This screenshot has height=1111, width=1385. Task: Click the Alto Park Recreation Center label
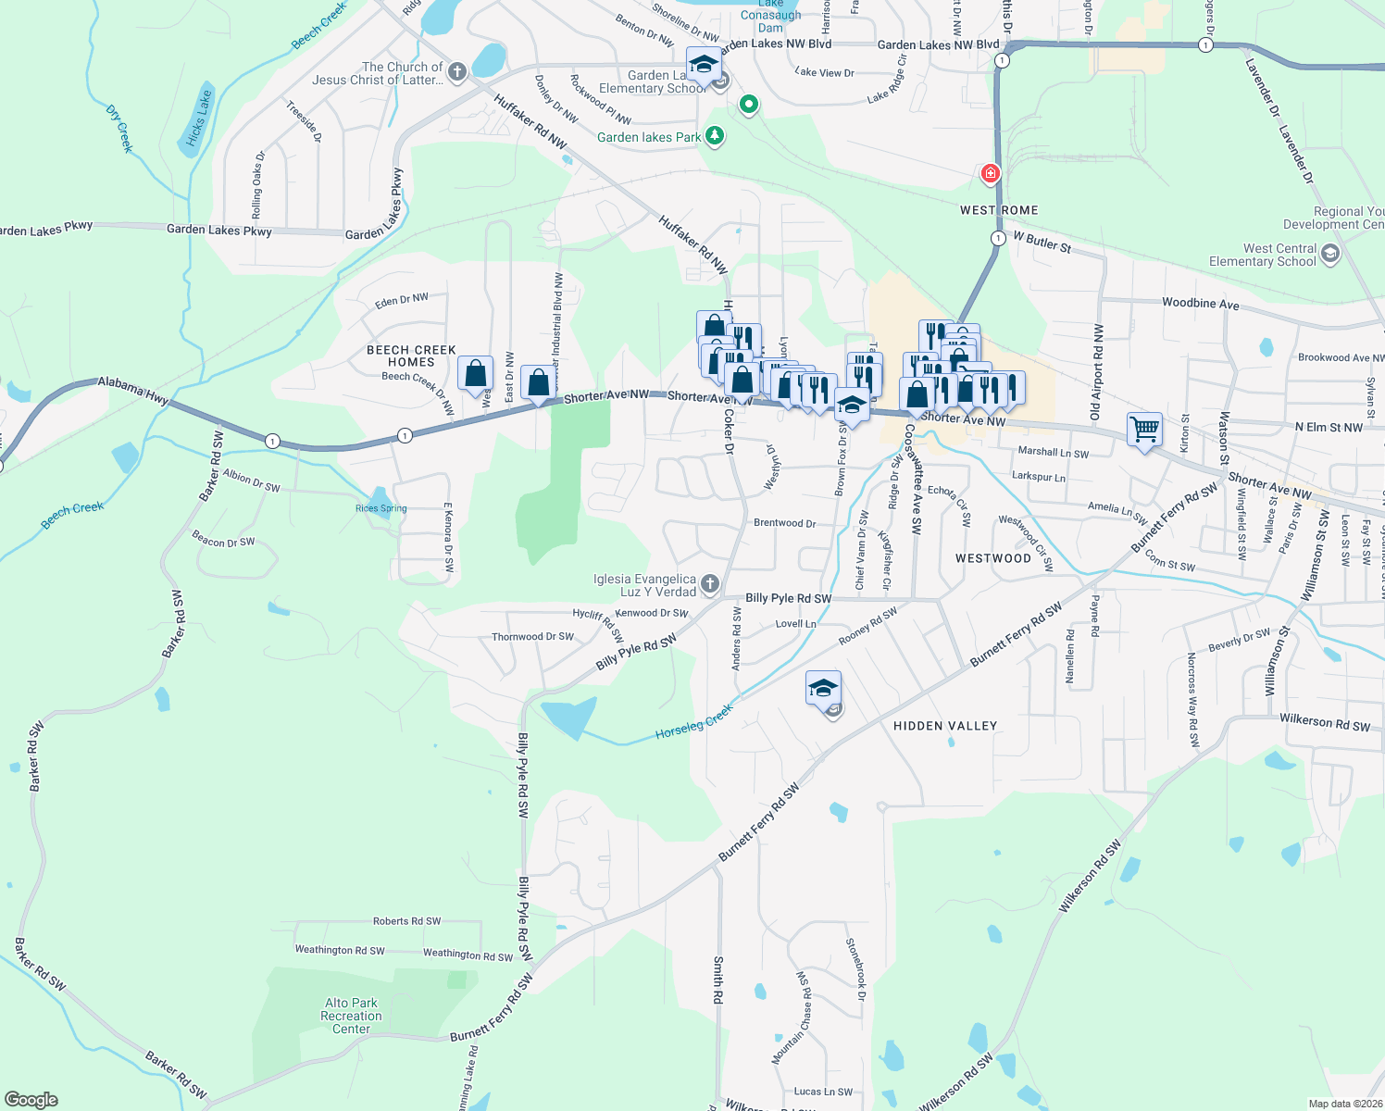click(351, 1016)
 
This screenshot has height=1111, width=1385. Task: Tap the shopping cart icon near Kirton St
click(1144, 430)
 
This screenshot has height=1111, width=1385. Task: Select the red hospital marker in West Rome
click(991, 173)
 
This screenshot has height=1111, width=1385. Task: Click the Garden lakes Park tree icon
click(714, 136)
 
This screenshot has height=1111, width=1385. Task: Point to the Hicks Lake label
click(198, 118)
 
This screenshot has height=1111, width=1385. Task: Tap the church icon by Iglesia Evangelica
click(710, 583)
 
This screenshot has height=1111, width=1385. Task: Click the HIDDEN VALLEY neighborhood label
click(944, 726)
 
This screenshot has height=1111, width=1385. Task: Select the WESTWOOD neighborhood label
click(992, 558)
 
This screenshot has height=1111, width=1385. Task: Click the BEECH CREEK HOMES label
click(411, 356)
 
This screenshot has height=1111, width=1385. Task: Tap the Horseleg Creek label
click(693, 721)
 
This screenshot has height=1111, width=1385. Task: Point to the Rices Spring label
click(381, 508)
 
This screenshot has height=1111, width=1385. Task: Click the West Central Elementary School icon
click(1330, 255)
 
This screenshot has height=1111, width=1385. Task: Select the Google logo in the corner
click(31, 1099)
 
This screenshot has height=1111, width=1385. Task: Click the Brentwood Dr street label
click(784, 523)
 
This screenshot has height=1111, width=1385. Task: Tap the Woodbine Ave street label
click(1200, 303)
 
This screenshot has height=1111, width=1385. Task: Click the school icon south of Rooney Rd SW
click(823, 688)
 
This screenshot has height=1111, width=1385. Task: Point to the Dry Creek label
click(119, 129)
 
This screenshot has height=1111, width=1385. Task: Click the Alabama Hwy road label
click(133, 390)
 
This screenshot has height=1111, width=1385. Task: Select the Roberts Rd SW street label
click(406, 921)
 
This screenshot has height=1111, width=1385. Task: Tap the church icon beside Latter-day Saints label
click(457, 69)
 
